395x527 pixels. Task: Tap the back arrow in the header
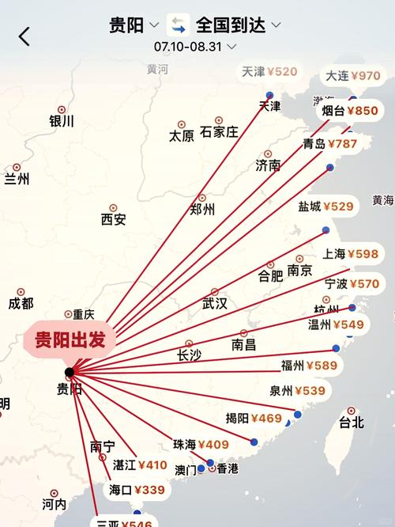click(x=24, y=36)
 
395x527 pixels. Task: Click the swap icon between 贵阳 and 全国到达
click(x=178, y=25)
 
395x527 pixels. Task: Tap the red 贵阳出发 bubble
click(x=70, y=341)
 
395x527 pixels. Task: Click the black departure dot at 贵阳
click(x=70, y=372)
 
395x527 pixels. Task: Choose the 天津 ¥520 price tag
click(x=269, y=72)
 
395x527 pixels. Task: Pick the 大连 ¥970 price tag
click(x=353, y=76)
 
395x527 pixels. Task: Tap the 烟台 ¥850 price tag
click(x=350, y=112)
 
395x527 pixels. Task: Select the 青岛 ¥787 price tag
click(x=330, y=144)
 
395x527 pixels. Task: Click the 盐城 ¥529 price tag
click(x=325, y=207)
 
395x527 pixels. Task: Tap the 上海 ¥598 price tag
click(x=351, y=254)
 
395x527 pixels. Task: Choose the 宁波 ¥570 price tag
click(x=352, y=284)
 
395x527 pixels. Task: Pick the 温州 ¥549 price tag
click(x=336, y=324)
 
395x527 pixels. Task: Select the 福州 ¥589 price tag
click(x=309, y=366)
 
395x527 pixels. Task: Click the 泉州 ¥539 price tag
click(x=296, y=390)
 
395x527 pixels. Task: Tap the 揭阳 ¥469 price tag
click(x=254, y=419)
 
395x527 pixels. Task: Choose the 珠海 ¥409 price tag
click(x=201, y=445)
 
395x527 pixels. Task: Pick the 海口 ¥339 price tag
click(x=137, y=490)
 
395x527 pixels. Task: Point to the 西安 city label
click(x=113, y=220)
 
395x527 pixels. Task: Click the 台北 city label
click(x=352, y=423)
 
